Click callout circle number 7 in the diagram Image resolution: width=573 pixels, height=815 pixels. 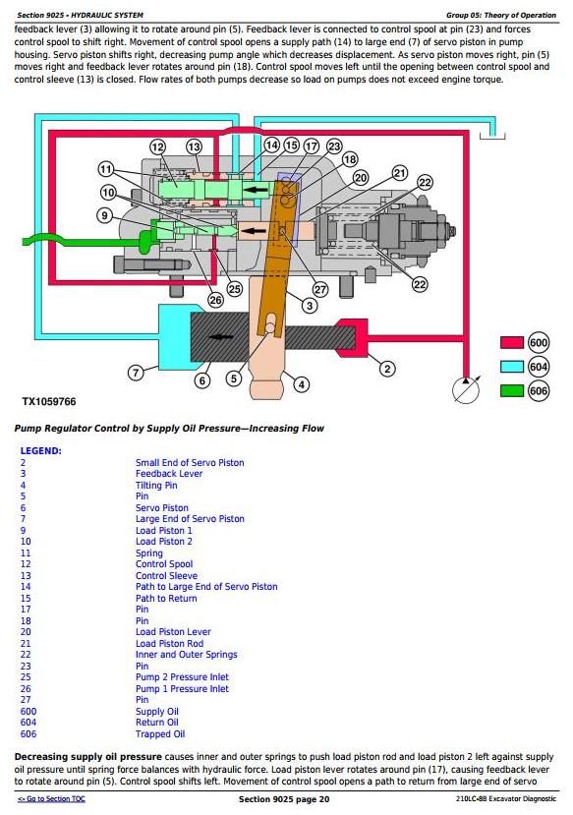(x=136, y=373)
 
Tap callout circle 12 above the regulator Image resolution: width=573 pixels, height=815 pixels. (x=158, y=147)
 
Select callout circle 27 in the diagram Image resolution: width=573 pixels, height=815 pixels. (x=320, y=289)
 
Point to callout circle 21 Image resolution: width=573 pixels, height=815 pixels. (x=399, y=173)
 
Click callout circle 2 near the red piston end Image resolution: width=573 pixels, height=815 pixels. (x=387, y=369)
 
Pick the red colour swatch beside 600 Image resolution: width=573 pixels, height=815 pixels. (x=512, y=342)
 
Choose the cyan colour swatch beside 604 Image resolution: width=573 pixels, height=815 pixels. (x=512, y=367)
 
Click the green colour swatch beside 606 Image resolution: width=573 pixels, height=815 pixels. (x=512, y=390)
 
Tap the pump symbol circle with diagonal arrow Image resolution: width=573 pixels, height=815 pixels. (x=466, y=389)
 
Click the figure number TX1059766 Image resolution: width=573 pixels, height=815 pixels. (x=49, y=402)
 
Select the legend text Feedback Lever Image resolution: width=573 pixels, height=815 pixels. (x=169, y=474)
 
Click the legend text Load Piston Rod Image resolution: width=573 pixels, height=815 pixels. (x=169, y=644)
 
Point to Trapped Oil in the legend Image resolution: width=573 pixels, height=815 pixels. (x=160, y=734)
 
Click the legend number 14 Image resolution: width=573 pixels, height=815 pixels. (x=26, y=587)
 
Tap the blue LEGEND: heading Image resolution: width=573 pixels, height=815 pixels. (x=40, y=450)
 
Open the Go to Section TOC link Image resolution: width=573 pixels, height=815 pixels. (x=51, y=799)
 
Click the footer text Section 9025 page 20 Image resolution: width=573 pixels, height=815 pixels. (x=284, y=799)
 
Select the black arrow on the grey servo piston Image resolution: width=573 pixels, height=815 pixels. (x=221, y=337)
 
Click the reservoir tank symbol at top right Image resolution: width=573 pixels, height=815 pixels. (x=492, y=137)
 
